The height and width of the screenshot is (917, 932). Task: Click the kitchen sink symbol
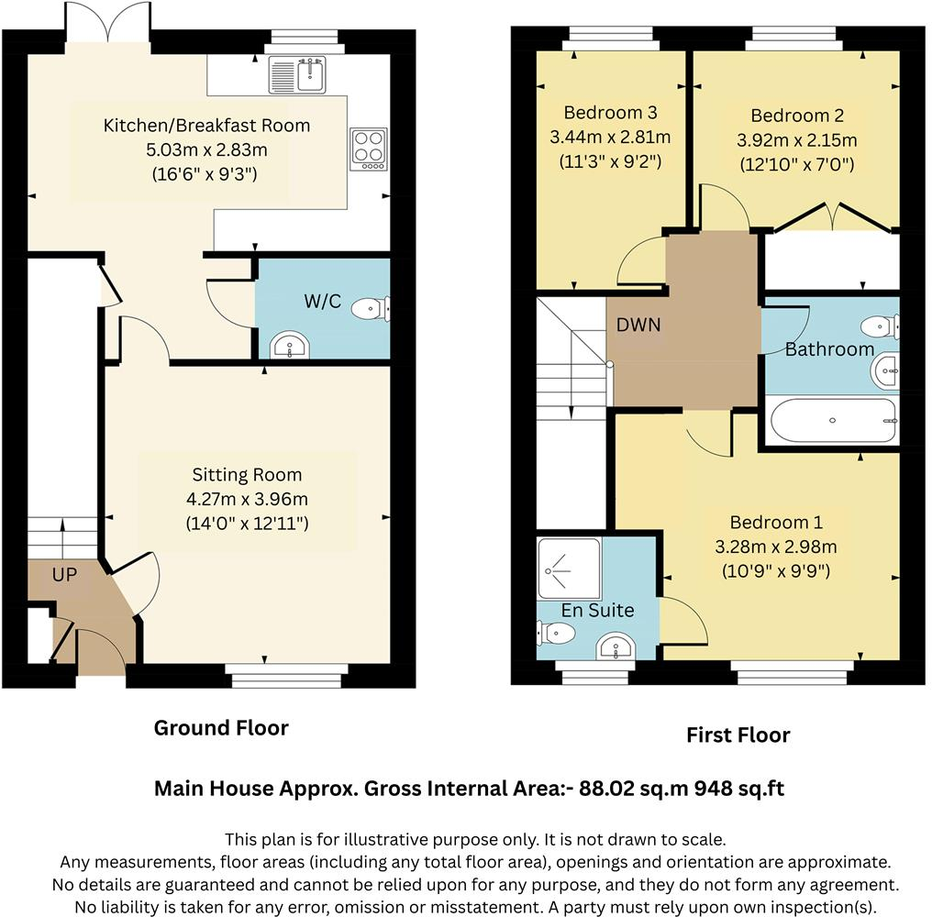[296, 74]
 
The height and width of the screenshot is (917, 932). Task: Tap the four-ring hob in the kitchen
[368, 148]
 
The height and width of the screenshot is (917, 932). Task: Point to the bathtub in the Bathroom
[832, 422]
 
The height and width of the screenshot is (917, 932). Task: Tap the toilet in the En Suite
[556, 632]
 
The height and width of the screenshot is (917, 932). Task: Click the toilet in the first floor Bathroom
[882, 326]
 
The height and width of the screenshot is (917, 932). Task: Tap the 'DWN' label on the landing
[638, 325]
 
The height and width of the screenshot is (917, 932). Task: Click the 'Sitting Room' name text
[247, 475]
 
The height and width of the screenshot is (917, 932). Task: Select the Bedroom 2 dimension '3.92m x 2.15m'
[796, 140]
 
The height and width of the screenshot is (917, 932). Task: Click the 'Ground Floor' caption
[221, 728]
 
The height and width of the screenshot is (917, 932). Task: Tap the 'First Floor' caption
[738, 735]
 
